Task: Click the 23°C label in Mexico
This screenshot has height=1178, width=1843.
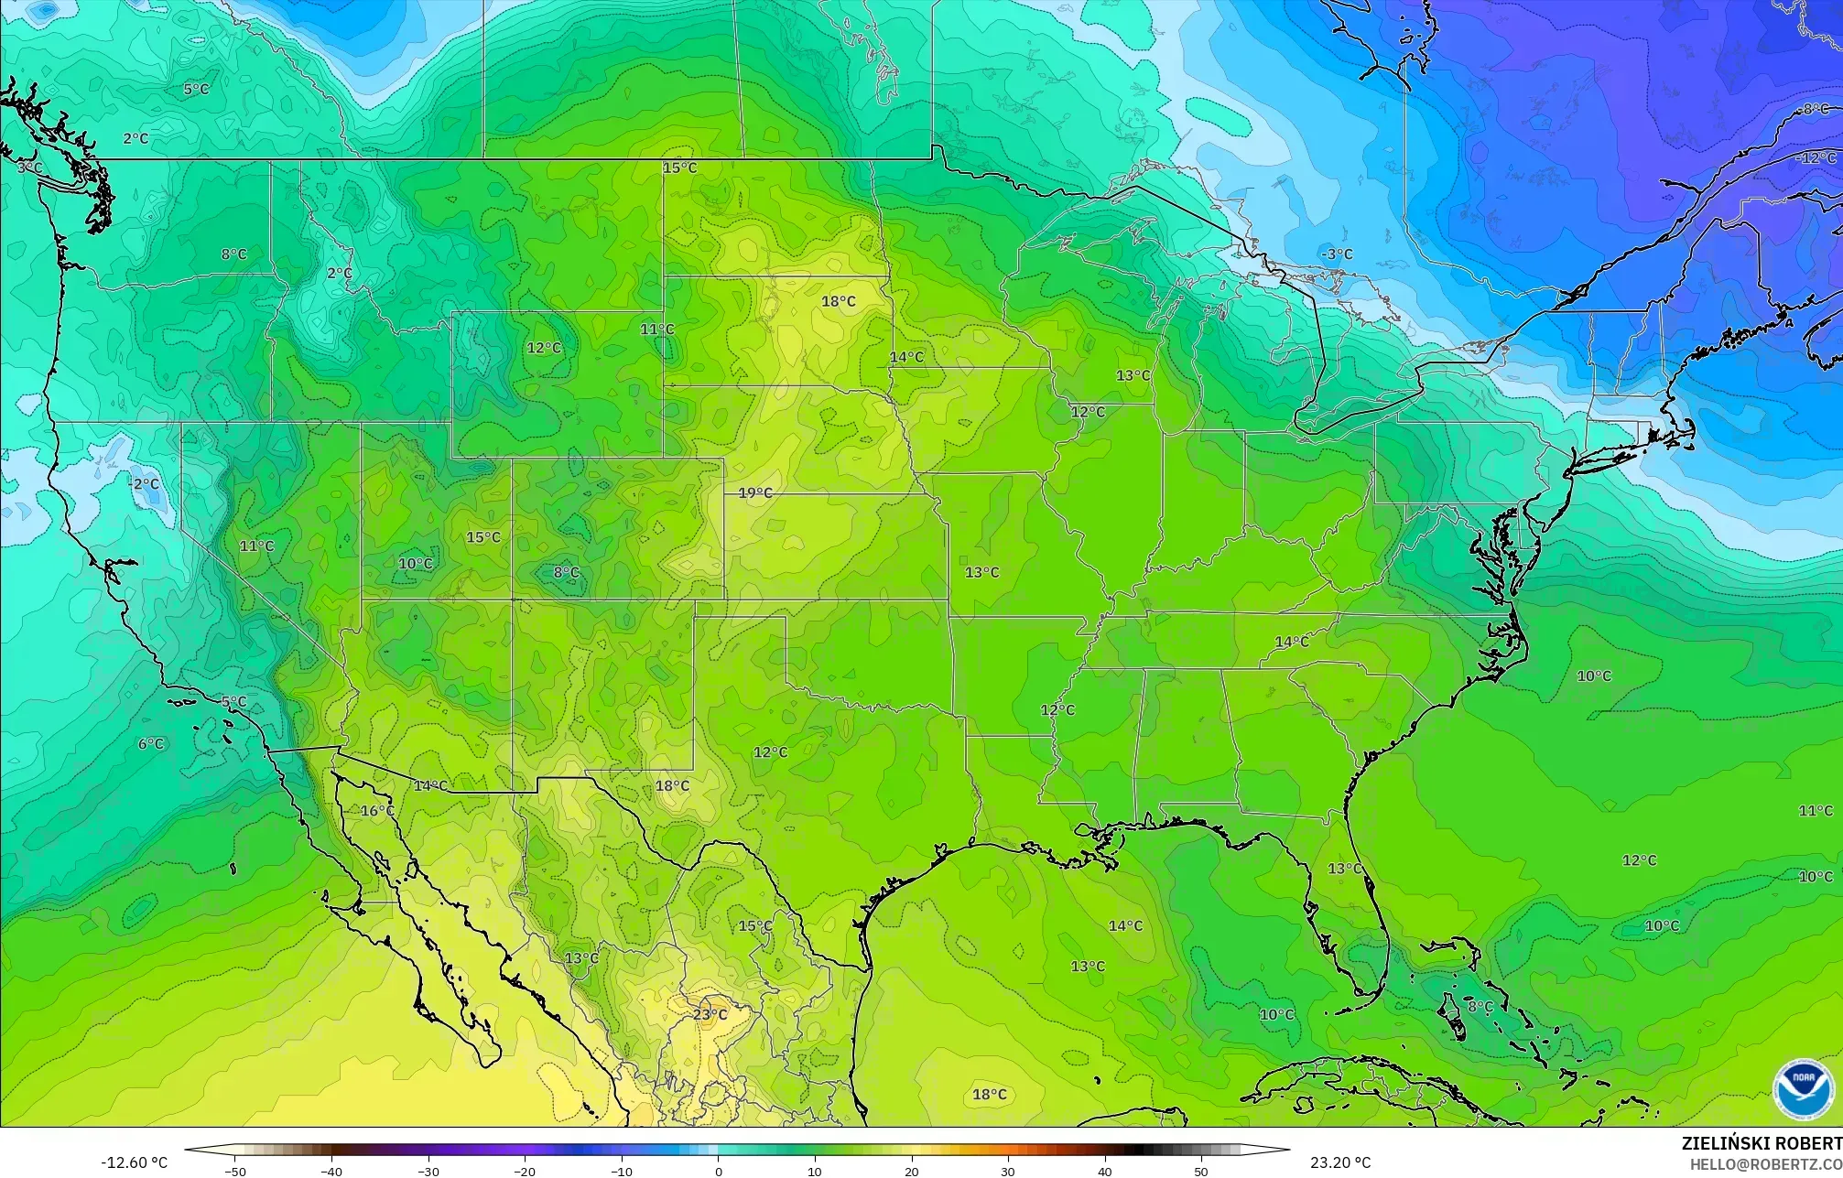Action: [710, 1014]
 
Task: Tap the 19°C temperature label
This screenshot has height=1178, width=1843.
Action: [755, 492]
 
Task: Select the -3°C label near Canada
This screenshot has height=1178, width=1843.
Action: [1337, 254]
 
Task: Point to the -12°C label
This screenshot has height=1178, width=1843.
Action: [1816, 157]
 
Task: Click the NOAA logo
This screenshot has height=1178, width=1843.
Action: [1803, 1089]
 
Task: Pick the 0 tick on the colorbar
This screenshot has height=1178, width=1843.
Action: [718, 1171]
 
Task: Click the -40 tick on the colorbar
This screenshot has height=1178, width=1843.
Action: [331, 1171]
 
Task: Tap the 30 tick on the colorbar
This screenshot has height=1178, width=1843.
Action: [1008, 1171]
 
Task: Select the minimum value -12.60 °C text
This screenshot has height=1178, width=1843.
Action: [135, 1162]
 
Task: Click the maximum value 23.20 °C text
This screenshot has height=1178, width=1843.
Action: [1340, 1162]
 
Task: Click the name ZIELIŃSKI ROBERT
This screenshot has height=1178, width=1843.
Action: [1761, 1143]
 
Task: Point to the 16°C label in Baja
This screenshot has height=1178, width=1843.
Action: [377, 811]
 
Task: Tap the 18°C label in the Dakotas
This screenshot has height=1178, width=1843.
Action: [838, 301]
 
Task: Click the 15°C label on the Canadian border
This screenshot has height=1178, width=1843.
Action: [679, 168]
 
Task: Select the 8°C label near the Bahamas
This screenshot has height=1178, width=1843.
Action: [1480, 1006]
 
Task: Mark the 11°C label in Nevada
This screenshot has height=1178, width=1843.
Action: [256, 546]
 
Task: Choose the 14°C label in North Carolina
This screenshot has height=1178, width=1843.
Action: [1292, 642]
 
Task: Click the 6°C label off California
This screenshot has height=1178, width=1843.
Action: [151, 744]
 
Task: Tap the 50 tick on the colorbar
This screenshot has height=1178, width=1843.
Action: [1200, 1171]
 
